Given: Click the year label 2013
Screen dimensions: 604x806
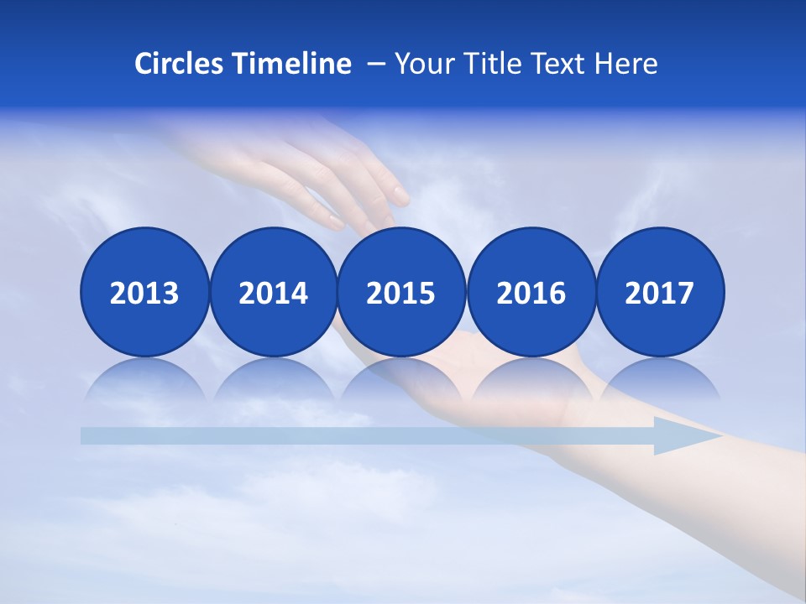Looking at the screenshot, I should pos(144,293).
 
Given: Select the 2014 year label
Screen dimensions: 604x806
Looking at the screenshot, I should pos(273,293).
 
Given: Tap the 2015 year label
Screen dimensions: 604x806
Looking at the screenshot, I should pos(400,293).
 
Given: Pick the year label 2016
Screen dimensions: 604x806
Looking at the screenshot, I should pos(531,293).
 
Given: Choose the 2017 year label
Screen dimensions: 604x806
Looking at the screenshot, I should pos(659,293).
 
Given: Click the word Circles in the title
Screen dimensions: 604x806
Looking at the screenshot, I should pos(180,64).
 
